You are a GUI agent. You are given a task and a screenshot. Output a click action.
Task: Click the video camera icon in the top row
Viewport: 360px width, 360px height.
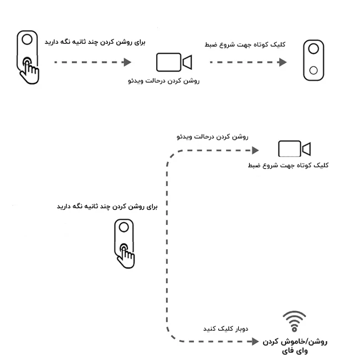pyautogui.click(x=173, y=63)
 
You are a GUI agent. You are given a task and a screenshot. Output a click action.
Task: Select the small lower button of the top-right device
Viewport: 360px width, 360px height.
pyautogui.click(x=313, y=70)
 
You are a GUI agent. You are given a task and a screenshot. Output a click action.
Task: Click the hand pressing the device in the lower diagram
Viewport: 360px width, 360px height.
pyautogui.click(x=127, y=255)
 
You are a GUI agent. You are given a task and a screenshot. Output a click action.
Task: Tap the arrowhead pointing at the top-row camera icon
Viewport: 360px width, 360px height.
pyautogui.click(x=127, y=62)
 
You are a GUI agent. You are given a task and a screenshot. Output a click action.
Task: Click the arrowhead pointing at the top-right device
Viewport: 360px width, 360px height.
pyautogui.click(x=282, y=62)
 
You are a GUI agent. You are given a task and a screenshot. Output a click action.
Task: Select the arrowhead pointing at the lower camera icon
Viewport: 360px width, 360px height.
pyautogui.click(x=255, y=150)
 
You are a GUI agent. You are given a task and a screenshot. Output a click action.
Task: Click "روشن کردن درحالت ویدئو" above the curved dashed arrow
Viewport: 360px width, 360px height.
pyautogui.click(x=211, y=135)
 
